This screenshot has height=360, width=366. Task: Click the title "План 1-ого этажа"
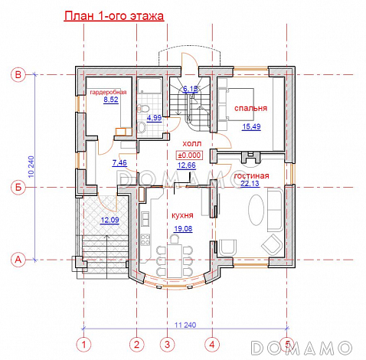point(114,16)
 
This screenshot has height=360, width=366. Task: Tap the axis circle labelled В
point(18,75)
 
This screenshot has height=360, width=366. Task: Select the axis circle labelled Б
point(18,188)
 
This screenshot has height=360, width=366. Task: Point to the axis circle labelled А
point(18,260)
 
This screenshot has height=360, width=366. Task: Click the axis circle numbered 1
point(83,345)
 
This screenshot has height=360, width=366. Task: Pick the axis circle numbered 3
point(167,345)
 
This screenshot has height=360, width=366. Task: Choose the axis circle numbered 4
point(212,345)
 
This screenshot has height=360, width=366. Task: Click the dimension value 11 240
point(185,325)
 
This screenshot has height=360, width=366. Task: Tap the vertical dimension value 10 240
point(31,167)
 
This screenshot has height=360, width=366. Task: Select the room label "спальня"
point(250,108)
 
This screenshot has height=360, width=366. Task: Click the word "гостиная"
point(251,176)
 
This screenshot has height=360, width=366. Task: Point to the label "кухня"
point(182,215)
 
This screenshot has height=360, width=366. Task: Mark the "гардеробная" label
point(108,92)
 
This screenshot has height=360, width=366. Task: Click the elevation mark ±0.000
point(189,155)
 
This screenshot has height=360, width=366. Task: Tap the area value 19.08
point(183,229)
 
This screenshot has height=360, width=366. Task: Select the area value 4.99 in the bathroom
point(155,118)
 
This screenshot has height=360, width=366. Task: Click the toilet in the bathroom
point(142,108)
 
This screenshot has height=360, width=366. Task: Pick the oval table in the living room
point(257,210)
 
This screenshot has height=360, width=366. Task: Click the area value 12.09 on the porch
point(109,220)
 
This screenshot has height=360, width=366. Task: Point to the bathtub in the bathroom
point(149,86)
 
